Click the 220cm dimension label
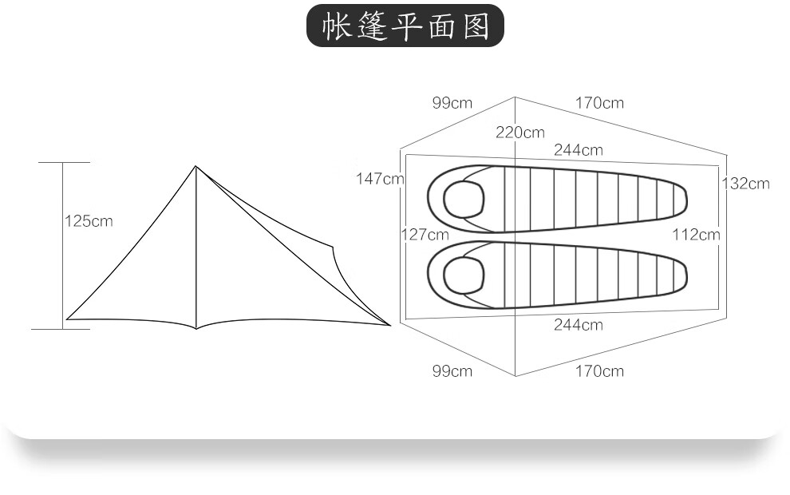point(519,133)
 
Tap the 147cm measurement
point(380,178)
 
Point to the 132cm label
point(745,184)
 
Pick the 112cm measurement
point(696,235)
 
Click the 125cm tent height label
point(89,221)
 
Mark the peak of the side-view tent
point(196,166)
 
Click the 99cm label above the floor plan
point(452,103)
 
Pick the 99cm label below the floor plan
point(452,371)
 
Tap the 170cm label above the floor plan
point(599,103)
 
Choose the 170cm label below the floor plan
point(599,371)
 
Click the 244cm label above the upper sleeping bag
point(579,150)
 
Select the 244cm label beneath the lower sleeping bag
point(579,325)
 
